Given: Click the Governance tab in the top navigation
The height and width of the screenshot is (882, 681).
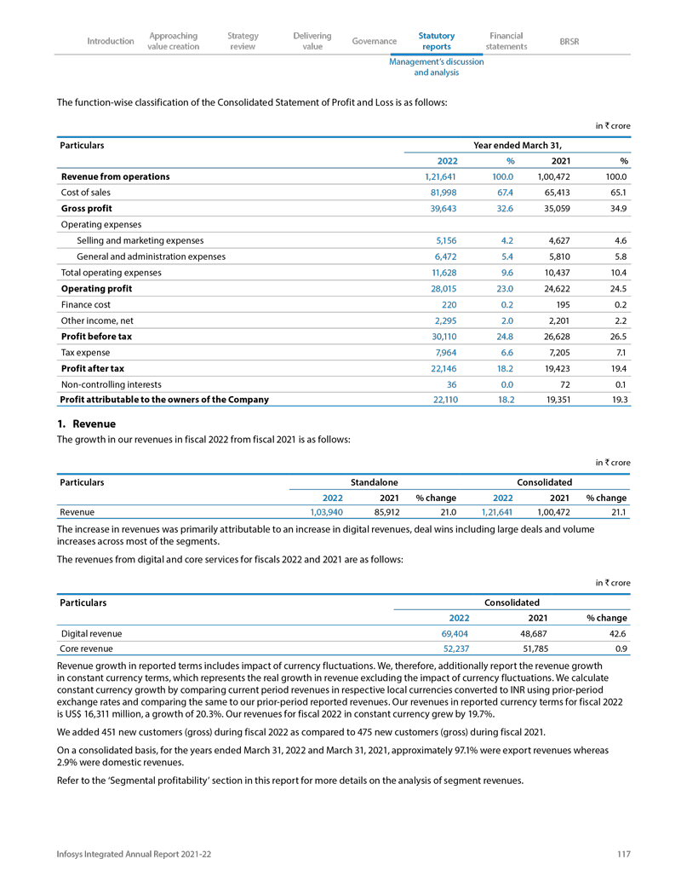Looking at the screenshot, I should tap(374, 41).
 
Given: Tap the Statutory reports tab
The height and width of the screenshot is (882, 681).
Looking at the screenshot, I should tap(437, 41).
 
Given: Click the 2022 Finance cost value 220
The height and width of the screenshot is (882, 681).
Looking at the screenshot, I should tap(450, 304).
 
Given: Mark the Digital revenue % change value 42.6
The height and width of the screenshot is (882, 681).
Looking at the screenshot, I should tap(615, 633).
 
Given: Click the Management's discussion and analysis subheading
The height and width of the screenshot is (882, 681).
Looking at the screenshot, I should tap(437, 67).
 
